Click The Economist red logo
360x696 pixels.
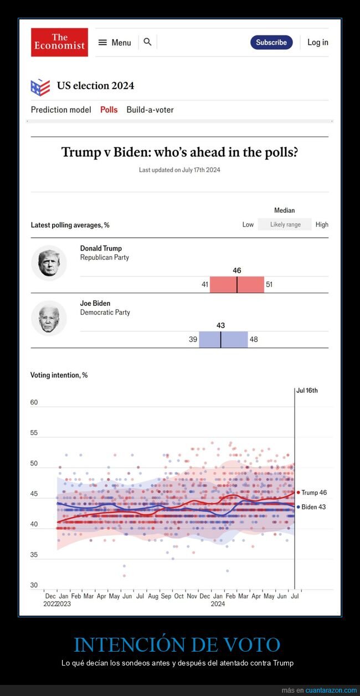click(59, 42)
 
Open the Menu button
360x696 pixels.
click(115, 43)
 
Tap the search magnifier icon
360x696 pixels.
click(147, 42)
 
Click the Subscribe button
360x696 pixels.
click(271, 43)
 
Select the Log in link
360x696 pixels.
click(317, 43)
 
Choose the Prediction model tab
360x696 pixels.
click(61, 110)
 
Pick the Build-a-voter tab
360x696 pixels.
click(150, 110)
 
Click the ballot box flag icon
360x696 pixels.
click(40, 87)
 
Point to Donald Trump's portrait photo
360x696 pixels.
click(49, 263)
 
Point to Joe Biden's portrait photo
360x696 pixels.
click(49, 318)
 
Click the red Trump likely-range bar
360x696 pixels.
click(237, 284)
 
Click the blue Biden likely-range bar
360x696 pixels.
click(223, 339)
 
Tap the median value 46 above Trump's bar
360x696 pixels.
click(237, 270)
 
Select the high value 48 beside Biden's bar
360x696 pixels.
click(254, 339)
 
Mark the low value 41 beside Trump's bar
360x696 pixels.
click(204, 284)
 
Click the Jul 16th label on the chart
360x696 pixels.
click(307, 391)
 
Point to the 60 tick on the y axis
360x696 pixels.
click(34, 402)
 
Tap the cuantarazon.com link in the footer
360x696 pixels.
click(331, 690)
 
